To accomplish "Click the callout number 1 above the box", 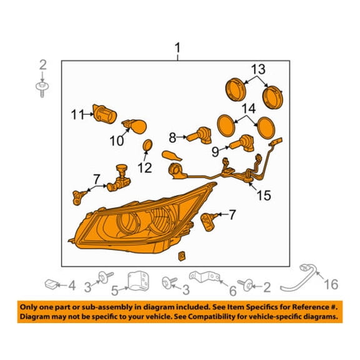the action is click(x=177, y=48).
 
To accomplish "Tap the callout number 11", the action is click(x=77, y=114).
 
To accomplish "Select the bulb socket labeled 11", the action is click(x=105, y=114).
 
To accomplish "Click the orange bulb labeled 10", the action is click(x=135, y=127).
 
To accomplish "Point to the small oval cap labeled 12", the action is click(x=147, y=146).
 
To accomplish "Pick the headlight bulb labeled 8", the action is click(x=199, y=136).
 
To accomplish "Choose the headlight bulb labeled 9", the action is click(x=241, y=144).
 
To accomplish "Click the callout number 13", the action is click(x=258, y=69).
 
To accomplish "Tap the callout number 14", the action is click(x=248, y=108).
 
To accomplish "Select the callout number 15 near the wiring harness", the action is click(x=264, y=196).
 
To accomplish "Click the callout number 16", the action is click(x=331, y=284).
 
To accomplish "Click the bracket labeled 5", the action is click(x=138, y=281).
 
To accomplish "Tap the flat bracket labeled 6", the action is click(x=204, y=277).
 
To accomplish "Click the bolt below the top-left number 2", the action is click(x=42, y=89).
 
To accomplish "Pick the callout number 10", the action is click(x=117, y=141).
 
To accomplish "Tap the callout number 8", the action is click(x=172, y=137).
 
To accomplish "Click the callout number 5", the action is click(x=115, y=291).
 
